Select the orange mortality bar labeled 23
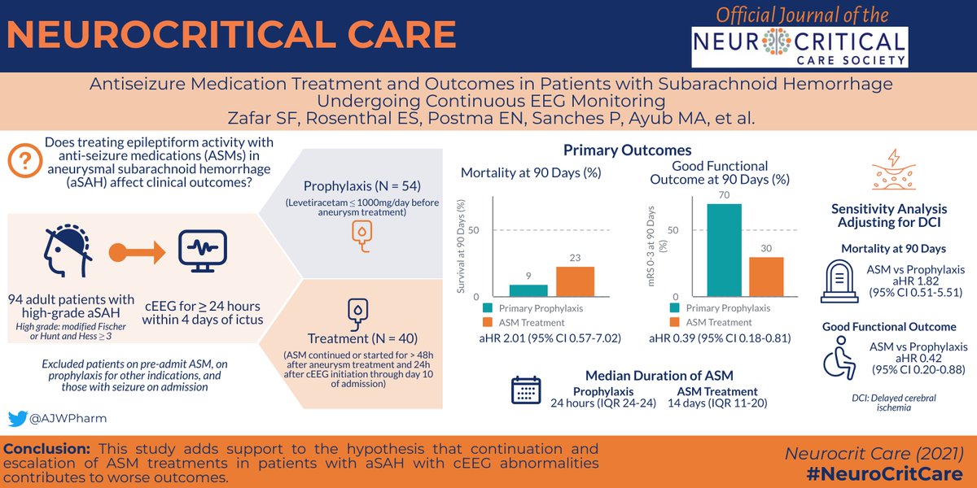click(575, 281)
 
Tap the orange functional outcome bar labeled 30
click(765, 277)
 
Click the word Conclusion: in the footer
click(50, 449)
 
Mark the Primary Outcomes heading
click(627, 150)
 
